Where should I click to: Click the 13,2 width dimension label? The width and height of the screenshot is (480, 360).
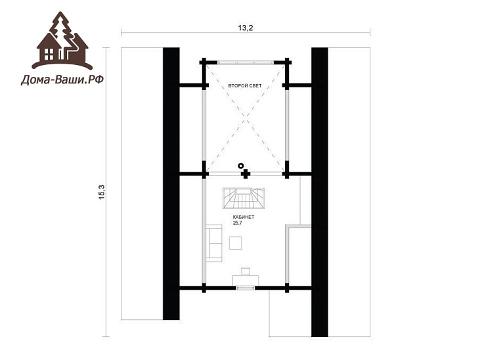click(246, 28)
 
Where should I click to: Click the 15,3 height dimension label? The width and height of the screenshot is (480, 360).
click(102, 192)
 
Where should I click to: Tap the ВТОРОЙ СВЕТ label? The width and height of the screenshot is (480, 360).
click(245, 86)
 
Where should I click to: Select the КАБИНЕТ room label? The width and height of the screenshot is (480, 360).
click(244, 217)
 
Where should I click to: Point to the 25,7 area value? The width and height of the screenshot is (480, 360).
click(238, 223)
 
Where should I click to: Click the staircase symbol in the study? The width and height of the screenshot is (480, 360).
click(244, 198)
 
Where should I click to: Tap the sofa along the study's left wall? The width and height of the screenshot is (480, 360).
click(213, 243)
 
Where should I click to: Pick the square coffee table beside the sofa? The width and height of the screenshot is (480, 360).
click(236, 243)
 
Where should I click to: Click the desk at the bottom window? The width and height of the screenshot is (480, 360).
click(246, 280)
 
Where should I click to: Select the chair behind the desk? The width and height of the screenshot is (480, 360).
click(246, 271)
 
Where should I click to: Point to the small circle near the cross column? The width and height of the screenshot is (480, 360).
click(241, 166)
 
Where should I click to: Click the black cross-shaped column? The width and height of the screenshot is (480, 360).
click(246, 174)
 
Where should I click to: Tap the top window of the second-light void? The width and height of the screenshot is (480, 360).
click(246, 62)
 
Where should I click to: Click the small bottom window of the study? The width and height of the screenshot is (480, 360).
click(246, 288)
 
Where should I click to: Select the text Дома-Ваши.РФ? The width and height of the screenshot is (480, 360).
click(62, 80)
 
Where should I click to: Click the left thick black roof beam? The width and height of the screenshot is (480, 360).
click(171, 183)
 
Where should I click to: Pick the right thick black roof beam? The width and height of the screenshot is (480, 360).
click(320, 192)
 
